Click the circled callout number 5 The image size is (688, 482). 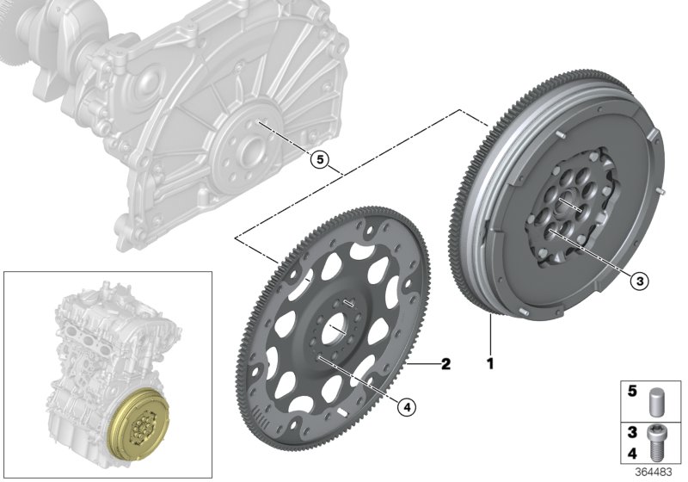[x=319, y=159]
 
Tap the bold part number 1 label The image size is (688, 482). [x=491, y=365]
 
